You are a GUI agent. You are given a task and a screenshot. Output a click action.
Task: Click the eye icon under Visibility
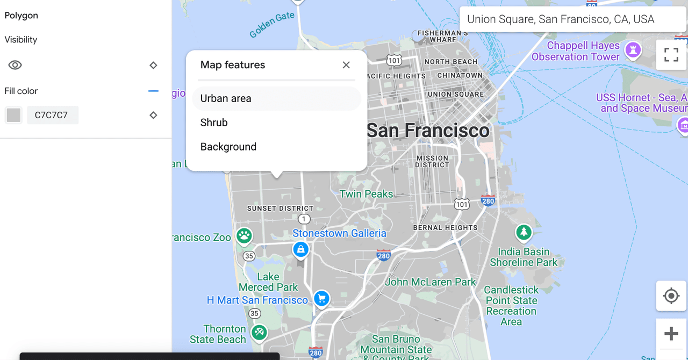(15, 65)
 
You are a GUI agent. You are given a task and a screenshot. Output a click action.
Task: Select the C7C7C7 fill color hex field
(52, 115)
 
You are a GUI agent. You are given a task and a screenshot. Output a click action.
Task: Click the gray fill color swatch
(13, 115)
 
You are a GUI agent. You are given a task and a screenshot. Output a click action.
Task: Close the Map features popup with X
(346, 65)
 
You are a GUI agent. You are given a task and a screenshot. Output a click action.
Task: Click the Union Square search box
(572, 19)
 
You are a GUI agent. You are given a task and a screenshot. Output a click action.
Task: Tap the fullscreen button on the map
(671, 55)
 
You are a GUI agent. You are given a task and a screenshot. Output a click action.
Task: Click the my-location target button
(671, 296)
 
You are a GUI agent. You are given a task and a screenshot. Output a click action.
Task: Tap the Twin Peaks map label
(366, 194)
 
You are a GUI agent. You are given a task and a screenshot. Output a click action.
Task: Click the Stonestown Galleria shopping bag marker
(300, 249)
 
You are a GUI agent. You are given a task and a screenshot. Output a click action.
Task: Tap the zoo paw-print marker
(245, 235)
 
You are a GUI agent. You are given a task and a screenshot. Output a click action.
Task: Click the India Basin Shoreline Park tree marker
(524, 233)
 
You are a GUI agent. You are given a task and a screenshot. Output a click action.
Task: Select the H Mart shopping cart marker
(321, 298)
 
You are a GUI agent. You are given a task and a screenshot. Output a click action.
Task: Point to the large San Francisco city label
(428, 130)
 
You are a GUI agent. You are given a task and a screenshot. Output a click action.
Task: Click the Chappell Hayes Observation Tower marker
(633, 50)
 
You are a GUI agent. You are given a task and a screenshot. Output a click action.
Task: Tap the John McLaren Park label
(431, 282)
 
